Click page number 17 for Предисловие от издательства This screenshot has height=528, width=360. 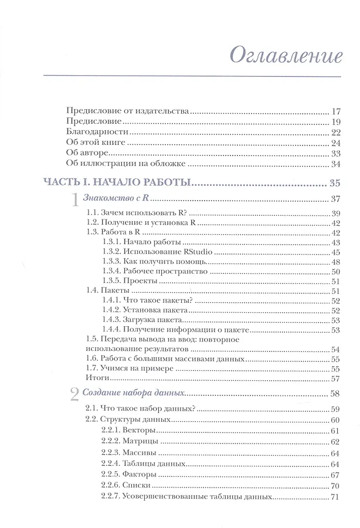click(x=335, y=111)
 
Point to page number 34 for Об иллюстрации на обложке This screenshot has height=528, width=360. click(x=335, y=164)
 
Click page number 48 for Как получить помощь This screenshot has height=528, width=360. click(x=335, y=262)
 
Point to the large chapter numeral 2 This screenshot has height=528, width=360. click(x=74, y=394)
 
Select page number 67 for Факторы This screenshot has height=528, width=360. click(x=335, y=474)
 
